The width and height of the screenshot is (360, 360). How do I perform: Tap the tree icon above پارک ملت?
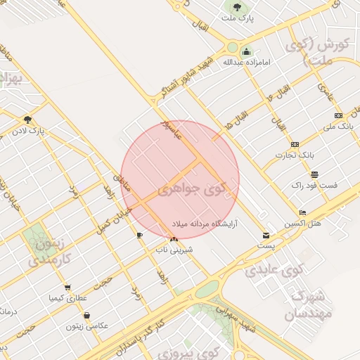click(x=236, y=7)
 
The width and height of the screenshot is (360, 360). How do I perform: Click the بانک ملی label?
click(x=337, y=127)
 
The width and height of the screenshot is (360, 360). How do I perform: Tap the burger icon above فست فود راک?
click(x=314, y=174)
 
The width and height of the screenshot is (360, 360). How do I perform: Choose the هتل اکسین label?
click(x=302, y=224)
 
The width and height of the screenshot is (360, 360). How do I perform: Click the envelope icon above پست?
click(x=266, y=235)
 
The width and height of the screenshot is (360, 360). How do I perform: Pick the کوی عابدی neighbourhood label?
click(x=281, y=269)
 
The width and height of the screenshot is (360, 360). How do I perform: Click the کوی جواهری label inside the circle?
click(x=190, y=190)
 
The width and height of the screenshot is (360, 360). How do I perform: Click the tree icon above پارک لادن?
click(x=27, y=120)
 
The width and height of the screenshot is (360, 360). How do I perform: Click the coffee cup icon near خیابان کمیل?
click(x=139, y=235)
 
